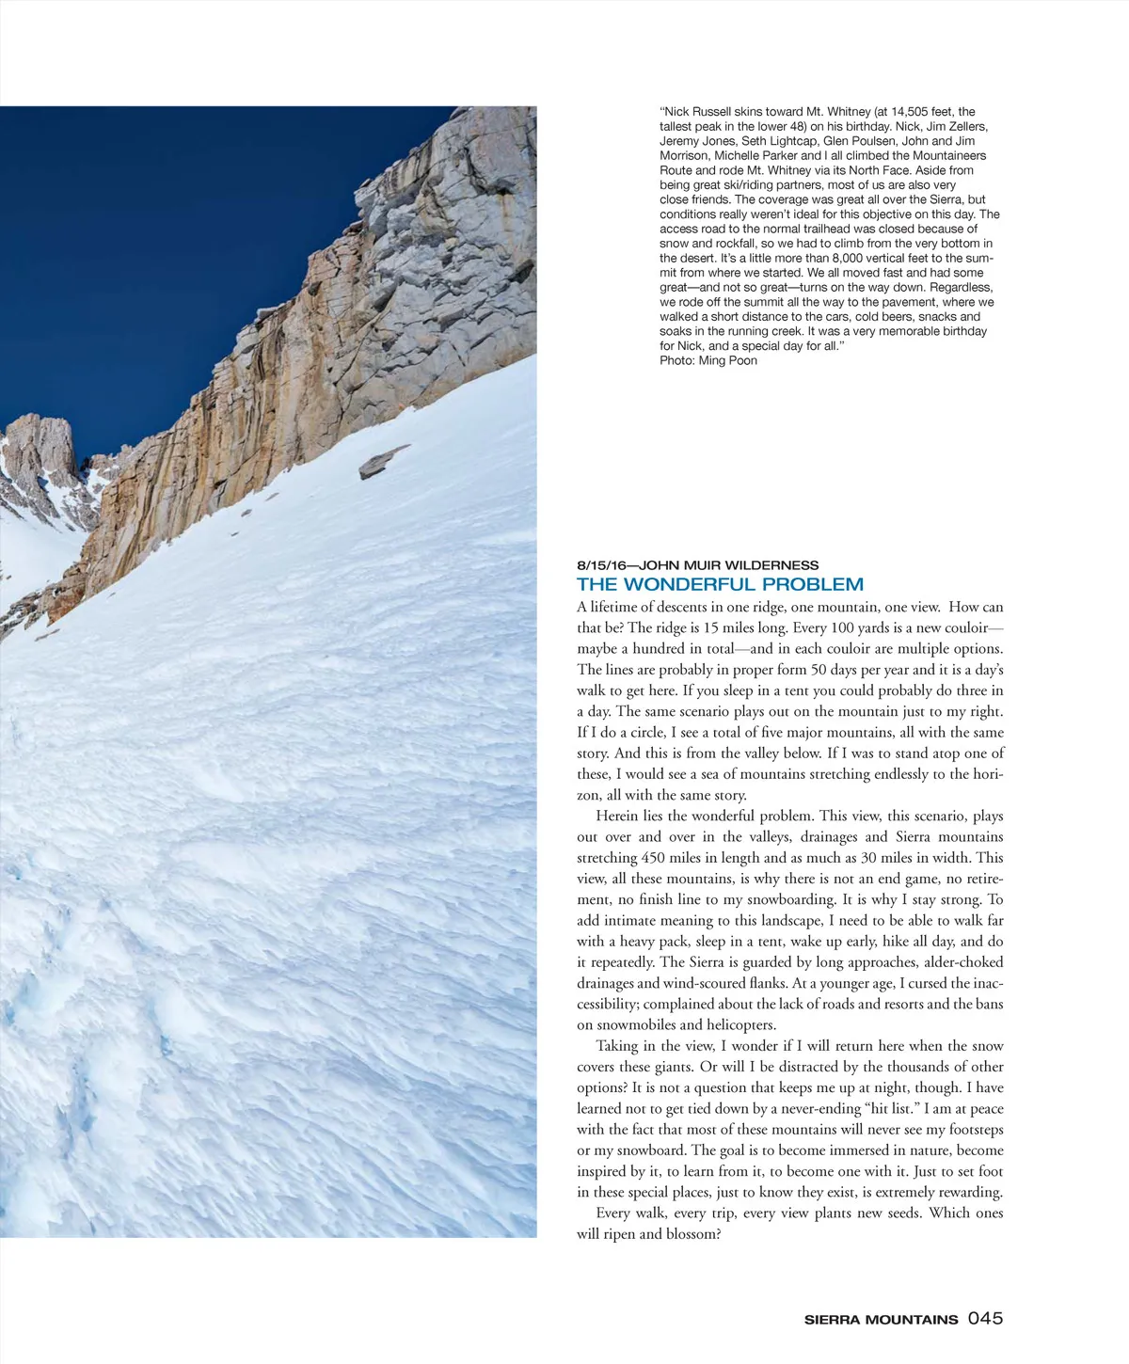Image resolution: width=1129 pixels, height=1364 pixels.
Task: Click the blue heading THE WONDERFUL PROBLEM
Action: pyautogui.click(x=720, y=584)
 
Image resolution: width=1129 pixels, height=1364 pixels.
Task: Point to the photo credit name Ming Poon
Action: pyautogui.click(x=728, y=360)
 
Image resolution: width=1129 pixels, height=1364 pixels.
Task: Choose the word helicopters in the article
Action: pyautogui.click(x=741, y=1025)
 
